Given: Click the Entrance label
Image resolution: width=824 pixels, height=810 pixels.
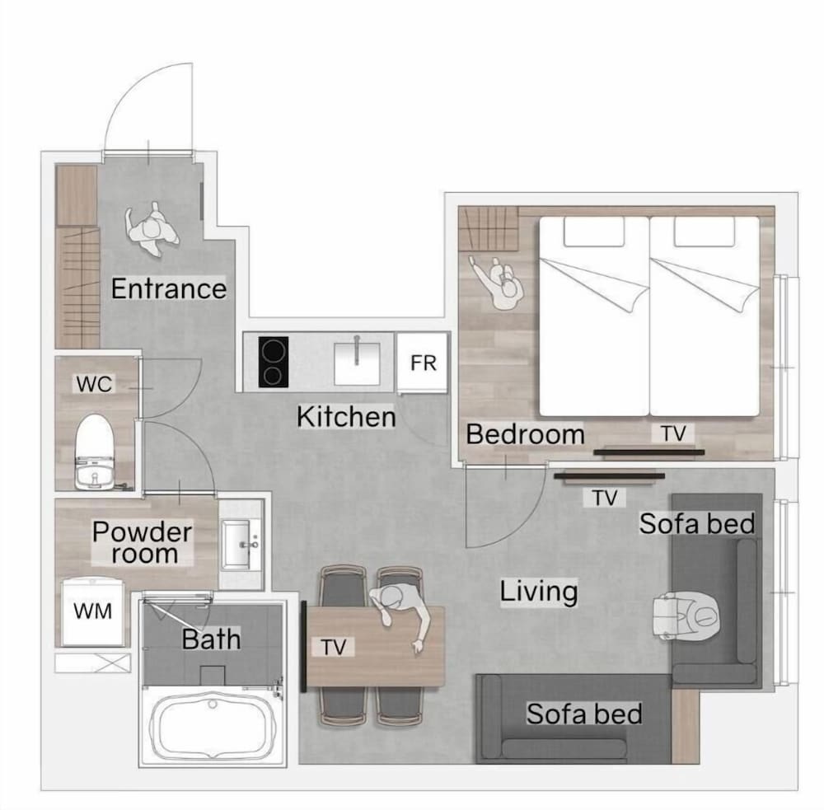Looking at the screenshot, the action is pyautogui.click(x=169, y=288).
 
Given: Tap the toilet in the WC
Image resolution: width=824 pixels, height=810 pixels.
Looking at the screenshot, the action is pyautogui.click(x=95, y=452).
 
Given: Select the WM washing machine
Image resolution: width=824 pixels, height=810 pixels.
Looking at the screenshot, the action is pyautogui.click(x=93, y=612).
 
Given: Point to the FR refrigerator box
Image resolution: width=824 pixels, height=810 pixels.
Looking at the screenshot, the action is pyautogui.click(x=423, y=363).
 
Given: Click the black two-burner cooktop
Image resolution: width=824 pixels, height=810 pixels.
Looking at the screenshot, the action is pyautogui.click(x=274, y=363).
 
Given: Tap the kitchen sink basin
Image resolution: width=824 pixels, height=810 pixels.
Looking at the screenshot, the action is pyautogui.click(x=357, y=363).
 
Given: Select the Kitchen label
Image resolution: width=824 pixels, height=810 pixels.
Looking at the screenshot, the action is pyautogui.click(x=346, y=417).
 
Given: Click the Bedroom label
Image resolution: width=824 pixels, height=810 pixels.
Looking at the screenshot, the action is pyautogui.click(x=525, y=435).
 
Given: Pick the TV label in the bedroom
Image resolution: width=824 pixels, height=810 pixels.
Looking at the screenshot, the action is pyautogui.click(x=673, y=433).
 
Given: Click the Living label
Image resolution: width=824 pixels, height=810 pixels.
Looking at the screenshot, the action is pyautogui.click(x=539, y=592).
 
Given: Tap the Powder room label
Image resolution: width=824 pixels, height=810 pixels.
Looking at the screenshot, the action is pyautogui.click(x=143, y=543).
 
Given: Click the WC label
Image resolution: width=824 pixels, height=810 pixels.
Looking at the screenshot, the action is pyautogui.click(x=94, y=384).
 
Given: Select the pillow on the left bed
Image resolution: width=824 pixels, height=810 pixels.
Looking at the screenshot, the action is pyautogui.click(x=594, y=232).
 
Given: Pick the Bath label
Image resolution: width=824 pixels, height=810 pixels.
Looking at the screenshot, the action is pyautogui.click(x=211, y=639).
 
